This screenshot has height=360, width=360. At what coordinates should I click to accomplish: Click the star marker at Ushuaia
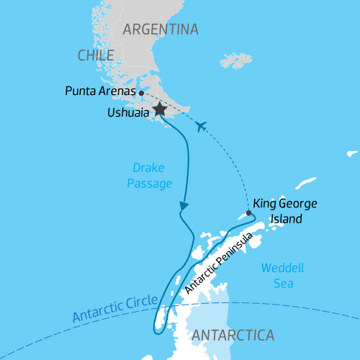click(x=158, y=110)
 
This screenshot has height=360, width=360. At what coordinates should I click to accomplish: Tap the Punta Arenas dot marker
click(x=141, y=93)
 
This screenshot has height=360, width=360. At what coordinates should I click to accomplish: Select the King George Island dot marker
click(x=248, y=213)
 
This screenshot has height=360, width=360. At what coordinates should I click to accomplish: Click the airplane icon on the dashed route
click(x=201, y=127)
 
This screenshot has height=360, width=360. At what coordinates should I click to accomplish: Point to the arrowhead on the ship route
click(x=184, y=207)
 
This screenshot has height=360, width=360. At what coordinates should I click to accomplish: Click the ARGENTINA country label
click(x=160, y=30)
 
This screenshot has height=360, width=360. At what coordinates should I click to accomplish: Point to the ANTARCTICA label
click(x=233, y=336)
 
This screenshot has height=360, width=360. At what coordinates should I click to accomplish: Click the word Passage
click(x=149, y=184)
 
